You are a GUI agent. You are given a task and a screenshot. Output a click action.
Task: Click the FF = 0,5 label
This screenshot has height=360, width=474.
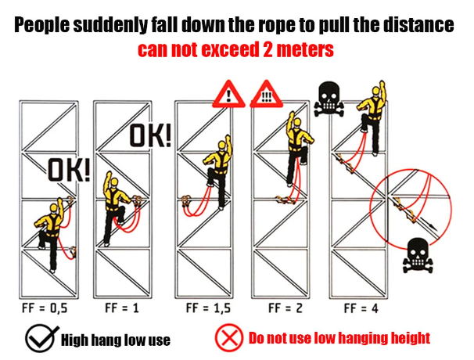45,308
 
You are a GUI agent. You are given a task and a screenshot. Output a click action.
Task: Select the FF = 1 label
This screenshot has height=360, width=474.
122,308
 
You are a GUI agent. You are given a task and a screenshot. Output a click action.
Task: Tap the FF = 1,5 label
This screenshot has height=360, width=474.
208,308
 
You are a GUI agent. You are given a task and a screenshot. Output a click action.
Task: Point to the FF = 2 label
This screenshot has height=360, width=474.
285,308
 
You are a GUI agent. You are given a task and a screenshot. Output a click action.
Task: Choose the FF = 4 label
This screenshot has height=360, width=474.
361,308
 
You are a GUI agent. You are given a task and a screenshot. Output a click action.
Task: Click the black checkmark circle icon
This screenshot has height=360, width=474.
41,339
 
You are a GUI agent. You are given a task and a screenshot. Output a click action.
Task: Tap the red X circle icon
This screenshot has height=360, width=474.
229,338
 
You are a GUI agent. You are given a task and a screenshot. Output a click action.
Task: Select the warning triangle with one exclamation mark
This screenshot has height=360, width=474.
229,94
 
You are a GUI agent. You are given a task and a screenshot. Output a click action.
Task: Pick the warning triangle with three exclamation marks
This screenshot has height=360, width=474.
266,94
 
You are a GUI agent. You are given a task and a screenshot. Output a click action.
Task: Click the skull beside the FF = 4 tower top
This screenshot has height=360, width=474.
329,99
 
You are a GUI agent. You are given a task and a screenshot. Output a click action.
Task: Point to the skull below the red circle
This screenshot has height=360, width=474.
418,256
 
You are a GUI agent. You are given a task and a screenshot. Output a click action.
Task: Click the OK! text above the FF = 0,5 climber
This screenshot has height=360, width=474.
70,171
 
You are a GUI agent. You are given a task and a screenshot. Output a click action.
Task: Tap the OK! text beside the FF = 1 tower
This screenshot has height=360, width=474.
150,136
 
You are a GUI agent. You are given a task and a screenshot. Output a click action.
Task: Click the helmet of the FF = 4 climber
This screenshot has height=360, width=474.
376,91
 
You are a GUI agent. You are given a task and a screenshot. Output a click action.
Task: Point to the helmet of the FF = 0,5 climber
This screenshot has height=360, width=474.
54,208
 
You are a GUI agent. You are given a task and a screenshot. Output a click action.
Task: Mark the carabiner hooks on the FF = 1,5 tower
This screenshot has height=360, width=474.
185,201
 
